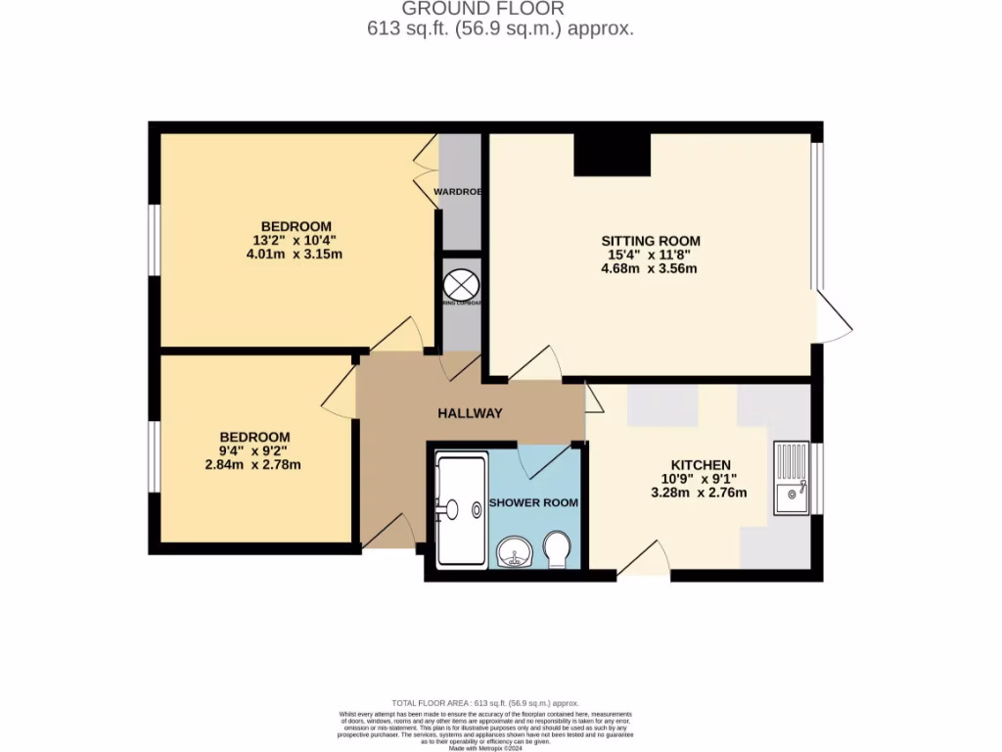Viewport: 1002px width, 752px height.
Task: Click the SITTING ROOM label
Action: coord(651,241)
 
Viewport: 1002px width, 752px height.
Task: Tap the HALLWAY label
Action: coord(470,413)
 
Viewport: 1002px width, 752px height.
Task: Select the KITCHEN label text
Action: coord(700,464)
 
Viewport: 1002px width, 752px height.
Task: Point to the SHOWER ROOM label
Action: coord(533,502)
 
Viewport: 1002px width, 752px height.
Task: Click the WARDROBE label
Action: coord(458,191)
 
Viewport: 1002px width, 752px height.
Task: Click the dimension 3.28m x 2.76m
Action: coord(699,493)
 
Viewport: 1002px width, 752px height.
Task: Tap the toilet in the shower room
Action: coord(557,550)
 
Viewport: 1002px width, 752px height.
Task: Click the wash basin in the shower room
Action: coord(512,554)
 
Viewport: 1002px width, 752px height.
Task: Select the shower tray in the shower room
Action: coord(461,509)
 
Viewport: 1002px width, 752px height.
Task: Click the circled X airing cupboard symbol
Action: coord(459,285)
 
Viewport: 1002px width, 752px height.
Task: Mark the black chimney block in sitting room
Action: coord(613,154)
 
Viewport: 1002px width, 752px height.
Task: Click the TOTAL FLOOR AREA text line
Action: coord(485,703)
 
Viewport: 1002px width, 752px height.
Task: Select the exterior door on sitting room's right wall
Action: coord(832,319)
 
